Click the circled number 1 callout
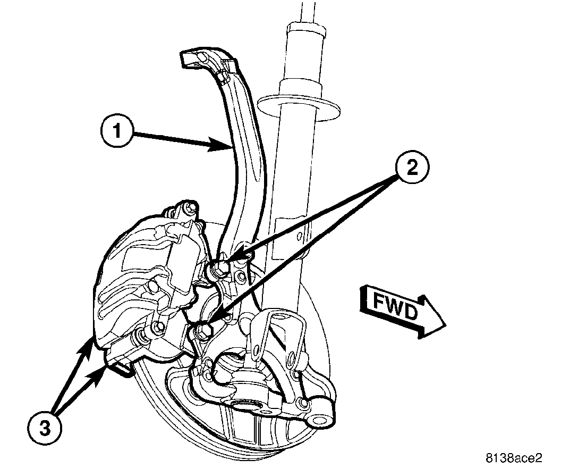point(116,132)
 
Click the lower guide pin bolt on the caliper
point(157,328)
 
